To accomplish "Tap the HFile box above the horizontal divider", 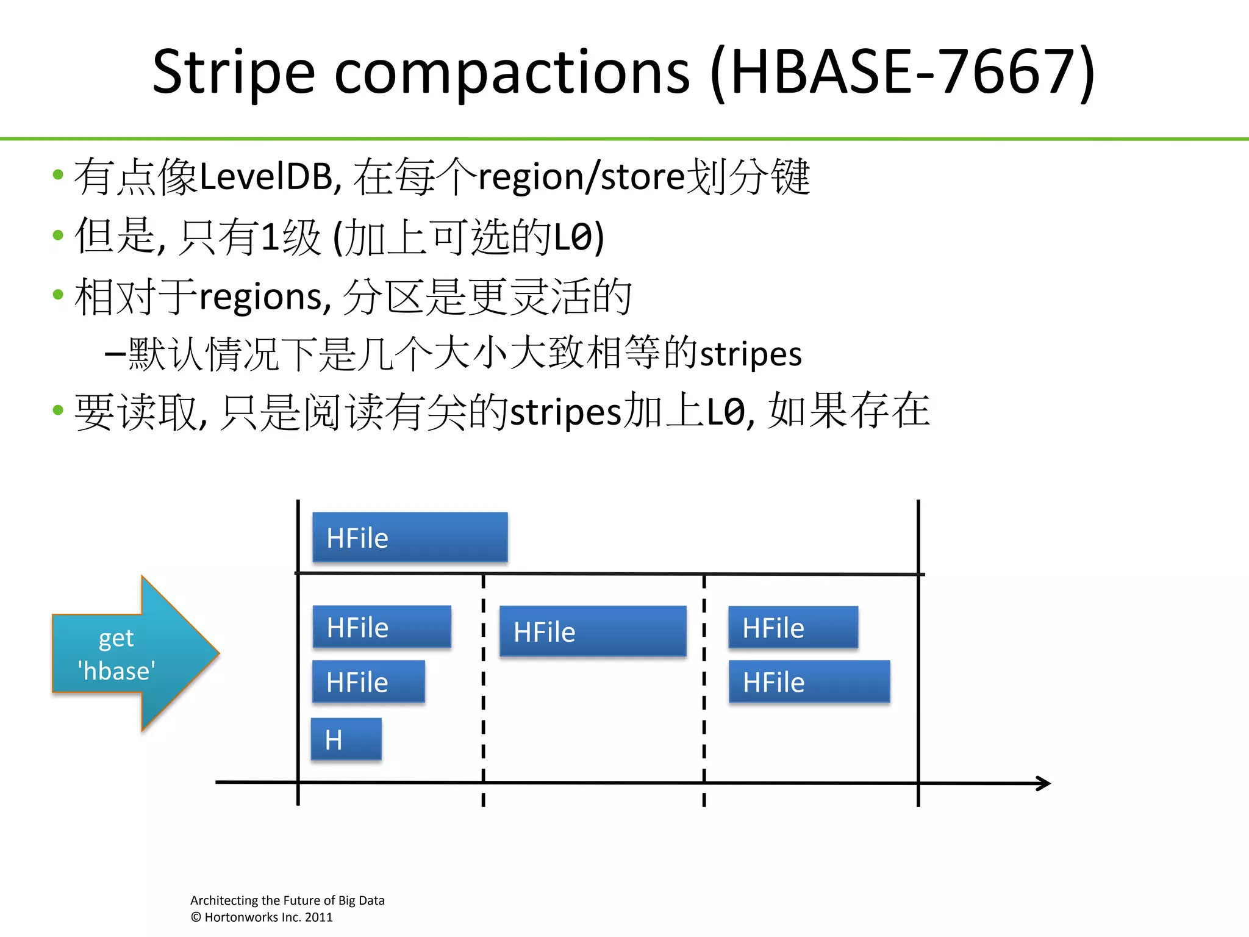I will pyautogui.click(x=409, y=537).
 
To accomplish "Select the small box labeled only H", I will pyautogui.click(x=346, y=739).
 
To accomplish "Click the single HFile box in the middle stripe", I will pyautogui.click(x=592, y=631).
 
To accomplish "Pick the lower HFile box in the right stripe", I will pyautogui.click(x=809, y=681).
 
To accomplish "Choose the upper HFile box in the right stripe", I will pyautogui.click(x=793, y=627).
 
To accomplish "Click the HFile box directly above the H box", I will pyautogui.click(x=368, y=681).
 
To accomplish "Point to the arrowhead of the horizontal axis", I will pyautogui.click(x=1044, y=783).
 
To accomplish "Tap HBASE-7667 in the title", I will pyautogui.click(x=903, y=72).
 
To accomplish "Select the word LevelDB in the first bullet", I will pyautogui.click(x=266, y=177).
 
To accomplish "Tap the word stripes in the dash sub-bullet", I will pyautogui.click(x=750, y=354).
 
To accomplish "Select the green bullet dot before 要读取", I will pyautogui.click(x=58, y=410).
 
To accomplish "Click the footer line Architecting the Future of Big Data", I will pyautogui.click(x=287, y=900).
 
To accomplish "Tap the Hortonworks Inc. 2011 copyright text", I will pyautogui.click(x=262, y=917).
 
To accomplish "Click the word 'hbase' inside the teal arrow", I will pyautogui.click(x=116, y=671).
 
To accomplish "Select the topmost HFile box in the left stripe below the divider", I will pyautogui.click(x=382, y=626).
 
